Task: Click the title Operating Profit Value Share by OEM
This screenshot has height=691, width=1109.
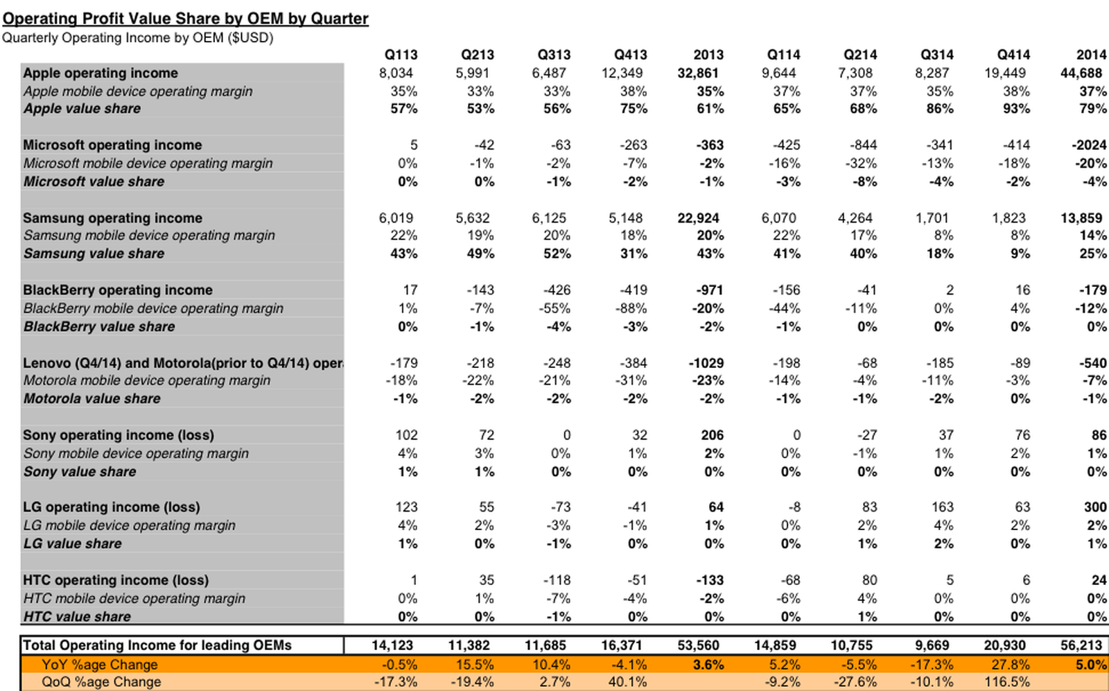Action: tap(185, 19)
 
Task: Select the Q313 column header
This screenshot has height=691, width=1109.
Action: tap(554, 55)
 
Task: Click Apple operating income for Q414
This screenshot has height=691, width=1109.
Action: tap(1007, 73)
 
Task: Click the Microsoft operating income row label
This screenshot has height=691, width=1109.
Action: tap(112, 145)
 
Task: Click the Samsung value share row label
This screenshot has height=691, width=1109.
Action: tap(94, 254)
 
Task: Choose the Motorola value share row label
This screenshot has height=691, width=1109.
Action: tap(91, 399)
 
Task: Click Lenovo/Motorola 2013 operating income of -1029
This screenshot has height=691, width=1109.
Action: tap(706, 362)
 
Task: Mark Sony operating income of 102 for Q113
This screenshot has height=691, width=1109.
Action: tap(406, 435)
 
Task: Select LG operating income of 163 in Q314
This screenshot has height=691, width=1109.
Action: tap(941, 507)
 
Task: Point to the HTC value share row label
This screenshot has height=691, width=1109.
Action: tap(77, 616)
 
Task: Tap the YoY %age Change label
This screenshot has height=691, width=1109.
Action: tap(99, 665)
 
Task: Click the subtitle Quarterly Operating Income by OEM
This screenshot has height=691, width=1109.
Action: tap(137, 38)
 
